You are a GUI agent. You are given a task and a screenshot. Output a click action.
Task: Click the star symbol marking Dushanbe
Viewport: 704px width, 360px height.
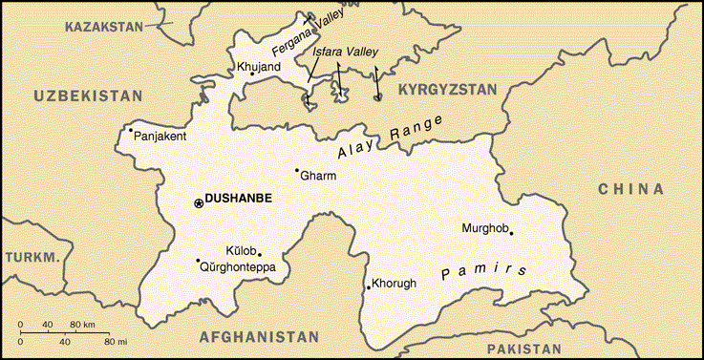click(199, 202)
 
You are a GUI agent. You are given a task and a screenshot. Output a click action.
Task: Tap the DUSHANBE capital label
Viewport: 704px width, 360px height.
click(239, 199)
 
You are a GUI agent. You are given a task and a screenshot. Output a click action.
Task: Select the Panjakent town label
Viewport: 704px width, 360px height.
click(160, 137)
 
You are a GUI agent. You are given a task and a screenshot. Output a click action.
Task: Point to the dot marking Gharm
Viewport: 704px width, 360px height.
click(297, 170)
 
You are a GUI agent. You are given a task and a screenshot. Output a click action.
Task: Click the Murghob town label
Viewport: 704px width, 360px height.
click(482, 227)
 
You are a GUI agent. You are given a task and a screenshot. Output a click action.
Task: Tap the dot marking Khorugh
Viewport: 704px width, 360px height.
click(369, 287)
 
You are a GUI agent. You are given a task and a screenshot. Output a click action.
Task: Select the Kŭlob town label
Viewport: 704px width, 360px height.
click(242, 250)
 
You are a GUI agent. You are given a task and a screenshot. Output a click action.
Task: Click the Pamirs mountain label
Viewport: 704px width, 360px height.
click(485, 270)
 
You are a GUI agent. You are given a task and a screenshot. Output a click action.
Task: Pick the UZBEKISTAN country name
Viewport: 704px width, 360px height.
click(88, 95)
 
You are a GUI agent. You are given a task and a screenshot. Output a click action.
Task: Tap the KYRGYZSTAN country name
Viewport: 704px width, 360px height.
click(447, 90)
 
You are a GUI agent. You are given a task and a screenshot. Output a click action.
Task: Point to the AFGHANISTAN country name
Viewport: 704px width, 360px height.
click(259, 337)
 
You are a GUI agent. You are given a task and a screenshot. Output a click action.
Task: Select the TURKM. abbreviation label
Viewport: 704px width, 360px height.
click(32, 258)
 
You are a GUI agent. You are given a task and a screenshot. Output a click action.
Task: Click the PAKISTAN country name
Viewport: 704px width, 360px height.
click(523, 349)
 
